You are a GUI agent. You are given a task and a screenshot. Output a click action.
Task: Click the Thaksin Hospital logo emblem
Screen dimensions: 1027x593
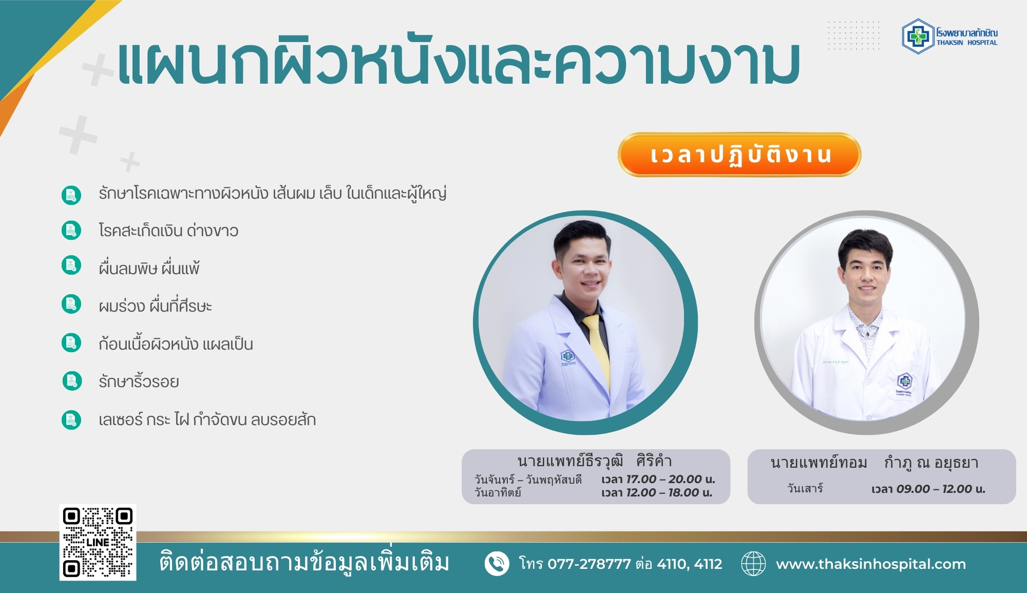pyautogui.click(x=918, y=36)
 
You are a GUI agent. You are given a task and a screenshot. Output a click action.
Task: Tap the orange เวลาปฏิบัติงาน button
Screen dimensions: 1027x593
pyautogui.click(x=739, y=155)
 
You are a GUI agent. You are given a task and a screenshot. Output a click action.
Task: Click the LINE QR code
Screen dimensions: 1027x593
pyautogui.click(x=98, y=542)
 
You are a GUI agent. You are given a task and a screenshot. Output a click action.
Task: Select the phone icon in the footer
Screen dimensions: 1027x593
pyautogui.click(x=497, y=564)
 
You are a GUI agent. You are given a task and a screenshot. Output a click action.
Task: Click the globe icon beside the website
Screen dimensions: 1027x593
pyautogui.click(x=753, y=564)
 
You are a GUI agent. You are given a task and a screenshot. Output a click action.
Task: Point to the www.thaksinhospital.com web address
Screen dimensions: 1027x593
pyautogui.click(x=871, y=564)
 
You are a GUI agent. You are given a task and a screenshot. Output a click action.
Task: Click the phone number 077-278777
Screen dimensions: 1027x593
pyautogui.click(x=589, y=564)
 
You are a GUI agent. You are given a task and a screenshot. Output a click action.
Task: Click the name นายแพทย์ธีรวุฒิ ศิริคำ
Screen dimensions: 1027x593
pyautogui.click(x=595, y=461)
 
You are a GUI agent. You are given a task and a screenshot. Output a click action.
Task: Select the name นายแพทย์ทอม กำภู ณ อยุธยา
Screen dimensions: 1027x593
pyautogui.click(x=874, y=463)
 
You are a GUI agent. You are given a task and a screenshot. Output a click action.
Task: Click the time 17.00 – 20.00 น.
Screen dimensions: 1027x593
pyautogui.click(x=671, y=479)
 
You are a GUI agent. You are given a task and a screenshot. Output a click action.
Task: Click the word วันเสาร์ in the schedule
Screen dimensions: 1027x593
pyautogui.click(x=805, y=488)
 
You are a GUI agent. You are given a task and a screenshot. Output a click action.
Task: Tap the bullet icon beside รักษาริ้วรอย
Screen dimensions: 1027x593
pyautogui.click(x=71, y=381)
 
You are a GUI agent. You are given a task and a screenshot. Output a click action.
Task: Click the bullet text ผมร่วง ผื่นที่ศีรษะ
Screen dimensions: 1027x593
pyautogui.click(x=155, y=306)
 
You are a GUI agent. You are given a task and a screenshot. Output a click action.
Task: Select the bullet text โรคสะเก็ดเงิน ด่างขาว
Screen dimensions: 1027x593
pyautogui.click(x=168, y=231)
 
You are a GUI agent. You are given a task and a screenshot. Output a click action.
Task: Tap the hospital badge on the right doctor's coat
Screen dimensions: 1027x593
pyautogui.click(x=904, y=385)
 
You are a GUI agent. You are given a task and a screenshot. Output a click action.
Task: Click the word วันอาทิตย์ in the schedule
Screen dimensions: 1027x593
pyautogui.click(x=498, y=492)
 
